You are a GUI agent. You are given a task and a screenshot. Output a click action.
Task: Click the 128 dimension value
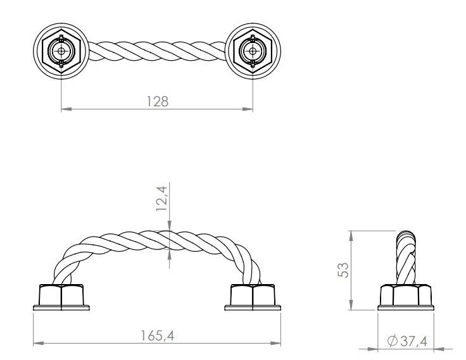(x=158, y=101)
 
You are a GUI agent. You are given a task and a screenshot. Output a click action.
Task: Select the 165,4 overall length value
(x=157, y=336)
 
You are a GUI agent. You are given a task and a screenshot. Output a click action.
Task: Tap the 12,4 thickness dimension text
(x=162, y=198)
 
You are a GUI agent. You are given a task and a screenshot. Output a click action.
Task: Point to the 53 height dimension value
(x=343, y=270)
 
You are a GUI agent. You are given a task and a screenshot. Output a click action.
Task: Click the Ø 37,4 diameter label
(x=407, y=341)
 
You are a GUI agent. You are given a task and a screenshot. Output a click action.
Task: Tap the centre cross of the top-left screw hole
(x=61, y=51)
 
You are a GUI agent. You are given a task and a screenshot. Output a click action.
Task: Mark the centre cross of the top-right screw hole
(x=253, y=51)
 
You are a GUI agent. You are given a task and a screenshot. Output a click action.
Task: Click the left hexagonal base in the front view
(x=61, y=295)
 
